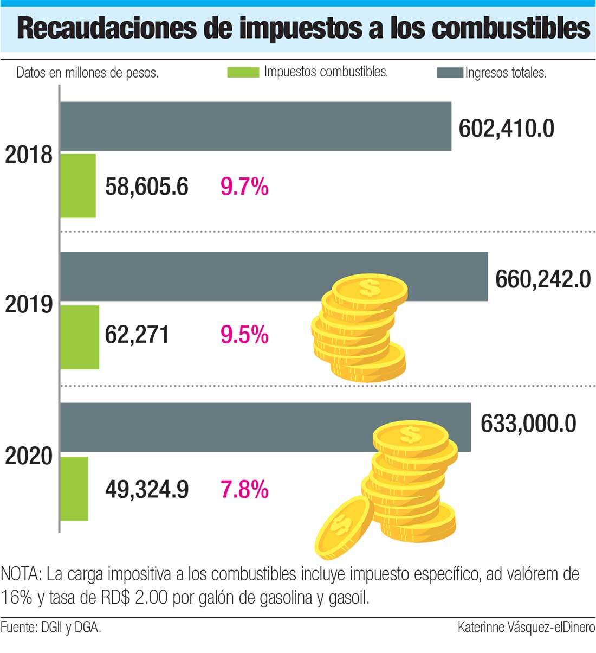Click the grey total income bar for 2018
point(255,126)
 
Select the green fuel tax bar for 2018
point(78,185)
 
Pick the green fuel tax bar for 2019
point(80,337)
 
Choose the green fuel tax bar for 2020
point(74,488)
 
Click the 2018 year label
point(29,155)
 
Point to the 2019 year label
point(29,305)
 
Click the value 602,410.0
point(507,129)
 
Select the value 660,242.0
point(543,279)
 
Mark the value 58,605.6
point(147,187)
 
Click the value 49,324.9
point(147,490)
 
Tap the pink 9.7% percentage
point(244,187)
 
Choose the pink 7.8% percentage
point(244,490)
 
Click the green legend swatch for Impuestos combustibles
point(243,72)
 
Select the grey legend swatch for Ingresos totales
point(450,73)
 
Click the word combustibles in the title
point(511,28)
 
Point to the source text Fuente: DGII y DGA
point(51,628)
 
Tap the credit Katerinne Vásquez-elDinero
point(526,628)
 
